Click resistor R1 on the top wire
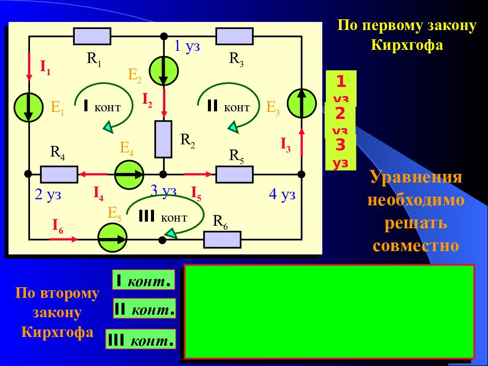point(92,36)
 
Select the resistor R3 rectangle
point(234,36)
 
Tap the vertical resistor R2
point(163,139)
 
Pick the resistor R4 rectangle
point(59,174)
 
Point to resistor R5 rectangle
point(234,174)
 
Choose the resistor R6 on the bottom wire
point(222,239)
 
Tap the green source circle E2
point(164,71)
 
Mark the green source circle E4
point(129,174)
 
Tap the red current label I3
point(286,145)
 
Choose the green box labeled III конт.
point(140,340)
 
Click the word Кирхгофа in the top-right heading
point(407,45)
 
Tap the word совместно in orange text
point(416,246)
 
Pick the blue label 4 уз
point(282,195)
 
